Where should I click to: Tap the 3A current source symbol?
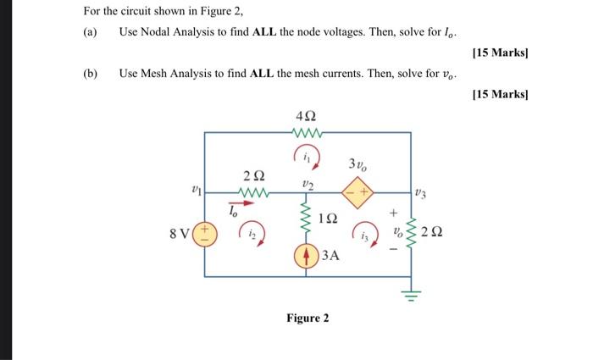pyautogui.click(x=306, y=257)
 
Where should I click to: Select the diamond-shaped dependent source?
pyautogui.click(x=357, y=192)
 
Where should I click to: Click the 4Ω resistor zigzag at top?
pyautogui.click(x=307, y=132)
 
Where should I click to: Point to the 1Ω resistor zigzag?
pyautogui.click(x=306, y=219)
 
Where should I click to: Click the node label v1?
pyautogui.click(x=197, y=189)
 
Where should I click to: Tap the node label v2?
pyautogui.click(x=308, y=185)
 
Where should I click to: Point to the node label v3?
pyautogui.click(x=420, y=194)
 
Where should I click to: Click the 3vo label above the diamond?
pyautogui.click(x=357, y=164)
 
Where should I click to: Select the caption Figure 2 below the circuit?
pyautogui.click(x=308, y=318)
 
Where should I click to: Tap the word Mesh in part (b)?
pyautogui.click(x=154, y=73)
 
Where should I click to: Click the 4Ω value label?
pyautogui.click(x=306, y=116)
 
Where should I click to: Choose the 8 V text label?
pyautogui.click(x=179, y=234)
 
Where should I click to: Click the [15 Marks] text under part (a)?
pyautogui.click(x=501, y=53)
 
